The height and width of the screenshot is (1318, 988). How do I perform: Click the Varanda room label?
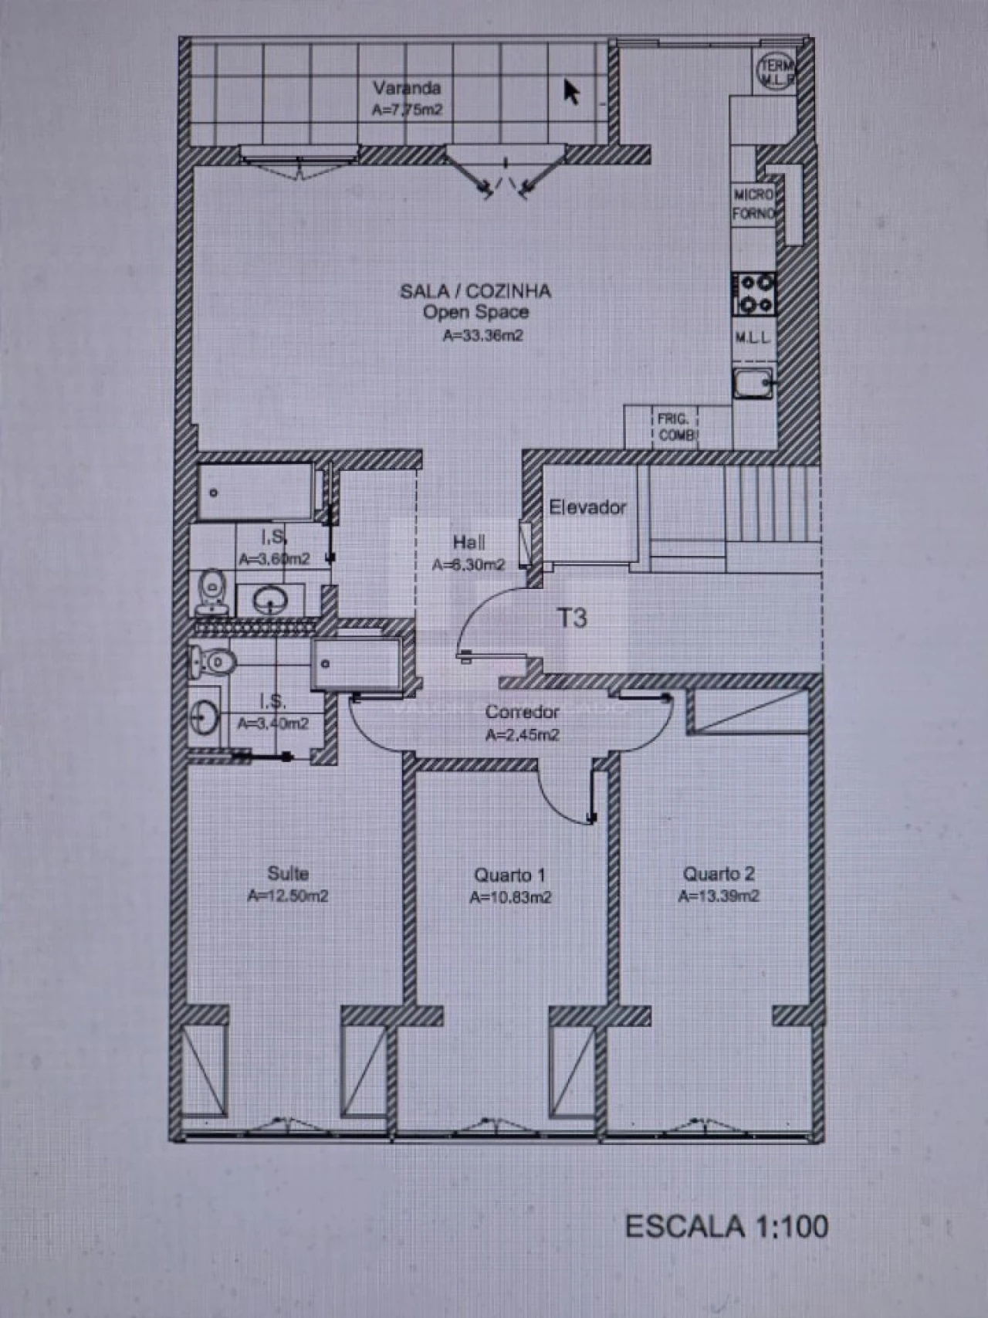pos(407,87)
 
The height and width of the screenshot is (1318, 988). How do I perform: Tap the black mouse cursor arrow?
pos(571,92)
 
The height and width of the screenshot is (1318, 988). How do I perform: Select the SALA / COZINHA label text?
pos(475,291)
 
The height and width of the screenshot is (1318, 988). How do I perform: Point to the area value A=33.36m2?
pos(482,336)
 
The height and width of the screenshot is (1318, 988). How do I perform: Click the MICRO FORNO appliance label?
pos(753,205)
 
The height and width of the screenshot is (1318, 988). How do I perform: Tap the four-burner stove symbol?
pos(754,294)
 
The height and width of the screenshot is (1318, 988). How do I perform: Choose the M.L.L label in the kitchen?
pos(752,338)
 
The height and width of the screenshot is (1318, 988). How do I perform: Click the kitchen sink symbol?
pos(753,383)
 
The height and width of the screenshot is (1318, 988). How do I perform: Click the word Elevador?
pos(587,507)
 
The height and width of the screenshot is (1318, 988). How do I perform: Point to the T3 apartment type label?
pos(572,618)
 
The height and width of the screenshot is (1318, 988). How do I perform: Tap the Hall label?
pos(469,541)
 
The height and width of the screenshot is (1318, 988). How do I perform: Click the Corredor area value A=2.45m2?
pos(522,734)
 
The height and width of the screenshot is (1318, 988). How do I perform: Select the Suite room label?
pos(288,873)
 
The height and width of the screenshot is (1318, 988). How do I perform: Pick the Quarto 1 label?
pos(509,875)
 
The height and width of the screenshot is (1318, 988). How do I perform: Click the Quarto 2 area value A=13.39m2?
pos(719,896)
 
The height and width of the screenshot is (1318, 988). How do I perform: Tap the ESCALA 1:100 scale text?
pos(726,1226)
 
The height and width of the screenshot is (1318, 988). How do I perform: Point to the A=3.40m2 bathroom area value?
pos(272,723)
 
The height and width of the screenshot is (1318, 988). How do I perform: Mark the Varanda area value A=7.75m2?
pos(407,110)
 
